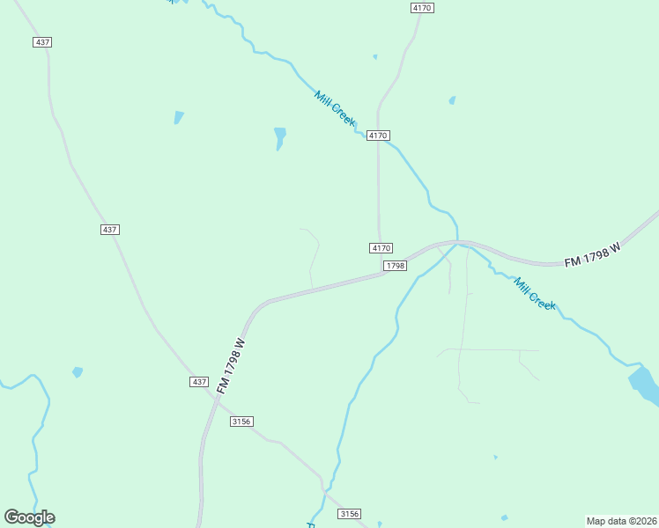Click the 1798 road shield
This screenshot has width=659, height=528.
[x=395, y=266]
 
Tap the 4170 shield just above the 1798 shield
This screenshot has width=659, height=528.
[x=381, y=248]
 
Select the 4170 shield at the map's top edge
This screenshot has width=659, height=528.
[x=423, y=8]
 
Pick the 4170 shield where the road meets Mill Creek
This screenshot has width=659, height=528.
[x=378, y=136]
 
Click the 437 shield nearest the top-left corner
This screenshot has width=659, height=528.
[x=42, y=42]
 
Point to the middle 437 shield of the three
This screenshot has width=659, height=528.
[x=109, y=230]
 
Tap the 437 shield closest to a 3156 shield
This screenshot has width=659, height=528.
[x=199, y=382]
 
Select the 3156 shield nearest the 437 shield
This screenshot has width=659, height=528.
[x=241, y=422]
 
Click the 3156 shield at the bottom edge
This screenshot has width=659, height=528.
[x=350, y=514]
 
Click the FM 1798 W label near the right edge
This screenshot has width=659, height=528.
[x=593, y=254]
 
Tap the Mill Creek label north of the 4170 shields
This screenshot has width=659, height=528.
[x=335, y=107]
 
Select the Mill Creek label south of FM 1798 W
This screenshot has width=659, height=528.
[x=535, y=294]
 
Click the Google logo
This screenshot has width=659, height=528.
[x=29, y=517]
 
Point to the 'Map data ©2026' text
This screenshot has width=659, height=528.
[x=622, y=520]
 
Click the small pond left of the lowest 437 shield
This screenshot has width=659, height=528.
[x=78, y=372]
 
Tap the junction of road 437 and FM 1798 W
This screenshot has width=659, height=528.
[x=212, y=395]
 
